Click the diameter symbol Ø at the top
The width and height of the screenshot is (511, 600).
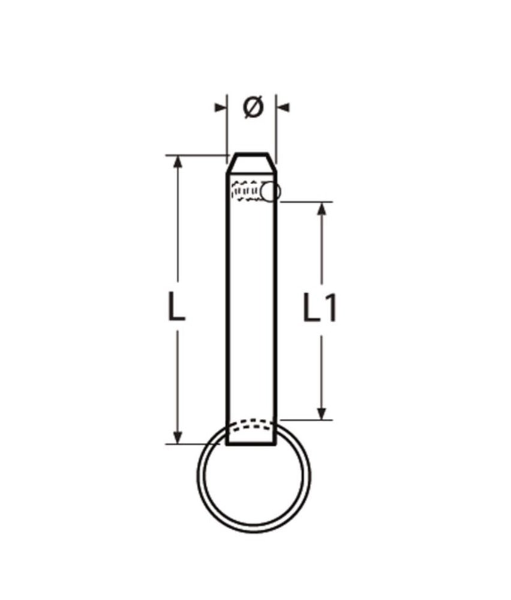pyautogui.click(x=253, y=107)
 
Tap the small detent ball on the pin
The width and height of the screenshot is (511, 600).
pyautogui.click(x=271, y=191)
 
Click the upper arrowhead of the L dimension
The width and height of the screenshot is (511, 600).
pyautogui.click(x=177, y=163)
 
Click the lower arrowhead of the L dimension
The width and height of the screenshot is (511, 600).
pyautogui.click(x=177, y=436)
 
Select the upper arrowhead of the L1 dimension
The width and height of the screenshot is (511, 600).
pyautogui.click(x=323, y=209)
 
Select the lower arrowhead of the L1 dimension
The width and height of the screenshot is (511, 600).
pyautogui.click(x=323, y=412)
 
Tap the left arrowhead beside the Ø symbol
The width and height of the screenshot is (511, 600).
pyautogui.click(x=221, y=107)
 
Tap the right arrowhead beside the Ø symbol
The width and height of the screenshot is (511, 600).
pyautogui.click(x=283, y=107)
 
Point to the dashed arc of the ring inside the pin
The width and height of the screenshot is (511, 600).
pyautogui.click(x=252, y=424)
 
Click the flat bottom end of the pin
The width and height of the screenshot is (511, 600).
pyautogui.click(x=252, y=446)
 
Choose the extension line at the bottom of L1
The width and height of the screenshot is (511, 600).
pyautogui.click(x=306, y=419)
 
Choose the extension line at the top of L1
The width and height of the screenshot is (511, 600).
pyautogui.click(x=306, y=202)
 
